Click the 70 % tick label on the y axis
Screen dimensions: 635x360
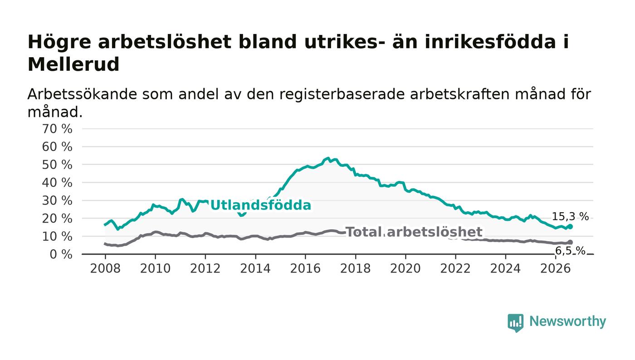[57, 129]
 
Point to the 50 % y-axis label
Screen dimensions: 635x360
[57, 165]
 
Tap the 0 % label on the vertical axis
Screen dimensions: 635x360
[61, 254]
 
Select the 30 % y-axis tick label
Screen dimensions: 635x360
[57, 201]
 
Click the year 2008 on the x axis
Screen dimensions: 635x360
[105, 268]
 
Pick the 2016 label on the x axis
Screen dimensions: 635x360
[305, 268]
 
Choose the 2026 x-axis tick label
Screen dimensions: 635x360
[555, 268]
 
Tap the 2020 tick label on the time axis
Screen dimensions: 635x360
[405, 268]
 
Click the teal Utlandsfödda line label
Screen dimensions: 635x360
[260, 205]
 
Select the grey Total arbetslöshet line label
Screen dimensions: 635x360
[414, 232]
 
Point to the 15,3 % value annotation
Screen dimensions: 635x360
[570, 217]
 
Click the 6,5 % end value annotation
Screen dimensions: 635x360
[570, 251]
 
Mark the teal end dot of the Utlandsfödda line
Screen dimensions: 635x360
[570, 227]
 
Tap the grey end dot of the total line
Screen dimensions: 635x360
[570, 242]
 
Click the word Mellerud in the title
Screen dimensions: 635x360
[73, 64]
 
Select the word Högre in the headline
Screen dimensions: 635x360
[59, 43]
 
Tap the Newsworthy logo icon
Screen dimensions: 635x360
[515, 323]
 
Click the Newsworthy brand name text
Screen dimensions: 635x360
[567, 321]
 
